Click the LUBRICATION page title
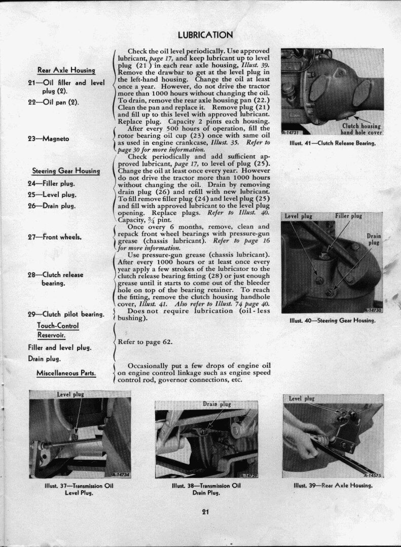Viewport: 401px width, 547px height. pyautogui.click(x=205, y=35)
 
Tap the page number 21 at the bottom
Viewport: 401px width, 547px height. pyautogui.click(x=205, y=511)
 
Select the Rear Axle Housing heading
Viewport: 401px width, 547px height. pyautogui.click(x=66, y=70)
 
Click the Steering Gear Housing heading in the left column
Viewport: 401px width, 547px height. pyautogui.click(x=66, y=171)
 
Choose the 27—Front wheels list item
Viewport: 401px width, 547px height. pyautogui.click(x=55, y=236)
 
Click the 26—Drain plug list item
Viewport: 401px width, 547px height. pyautogui.click(x=52, y=206)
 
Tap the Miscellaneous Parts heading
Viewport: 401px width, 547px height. pyautogui.click(x=66, y=373)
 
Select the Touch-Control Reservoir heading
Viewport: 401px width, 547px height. pyautogui.click(x=58, y=330)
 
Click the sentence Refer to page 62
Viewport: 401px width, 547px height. pyautogui.click(x=145, y=342)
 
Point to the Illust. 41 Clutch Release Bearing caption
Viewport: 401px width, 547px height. pyautogui.click(x=332, y=144)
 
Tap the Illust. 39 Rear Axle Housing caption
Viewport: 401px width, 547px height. pyautogui.click(x=333, y=485)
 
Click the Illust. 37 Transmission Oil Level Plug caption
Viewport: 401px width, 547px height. pyautogui.click(x=79, y=488)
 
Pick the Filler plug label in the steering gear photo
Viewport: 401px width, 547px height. pyautogui.click(x=348, y=216)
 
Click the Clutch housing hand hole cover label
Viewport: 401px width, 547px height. pyautogui.click(x=361, y=129)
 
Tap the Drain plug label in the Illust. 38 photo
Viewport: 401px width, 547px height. pyautogui.click(x=217, y=404)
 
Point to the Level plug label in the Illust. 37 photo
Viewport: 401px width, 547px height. pyautogui.click(x=70, y=394)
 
